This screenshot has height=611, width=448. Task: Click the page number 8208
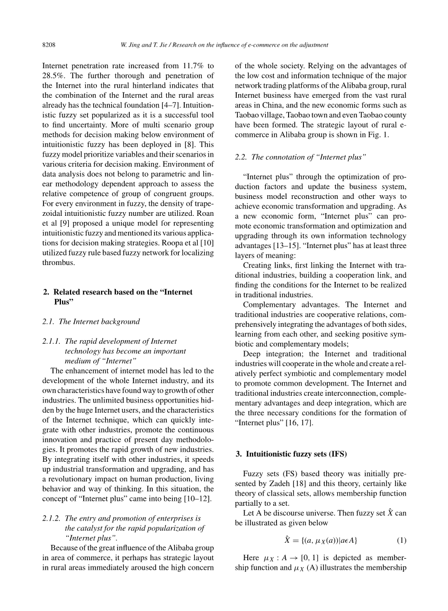[49, 45]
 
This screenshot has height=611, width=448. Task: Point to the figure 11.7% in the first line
[186, 66]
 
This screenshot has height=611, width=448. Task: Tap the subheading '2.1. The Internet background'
[91, 321]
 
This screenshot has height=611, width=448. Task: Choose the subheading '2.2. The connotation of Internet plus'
[300, 157]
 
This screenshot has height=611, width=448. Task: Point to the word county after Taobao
[393, 115]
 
